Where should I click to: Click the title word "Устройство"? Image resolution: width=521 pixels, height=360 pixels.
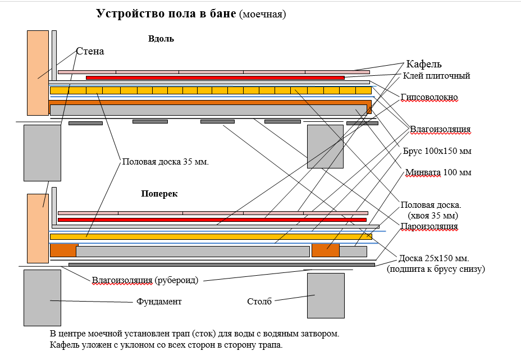[x=127, y=14]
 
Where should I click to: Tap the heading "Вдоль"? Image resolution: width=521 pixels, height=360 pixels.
[x=161, y=39]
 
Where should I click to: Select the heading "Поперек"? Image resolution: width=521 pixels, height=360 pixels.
[x=159, y=193]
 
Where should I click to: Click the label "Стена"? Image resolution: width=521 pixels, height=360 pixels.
[x=90, y=51]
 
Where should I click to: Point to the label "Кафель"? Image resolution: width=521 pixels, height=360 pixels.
[x=428, y=63]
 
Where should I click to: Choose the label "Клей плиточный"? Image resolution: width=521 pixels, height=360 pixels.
[x=436, y=75]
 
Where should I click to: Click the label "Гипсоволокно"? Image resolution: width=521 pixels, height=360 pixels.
[x=429, y=98]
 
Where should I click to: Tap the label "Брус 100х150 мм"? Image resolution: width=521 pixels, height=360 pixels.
[x=437, y=152]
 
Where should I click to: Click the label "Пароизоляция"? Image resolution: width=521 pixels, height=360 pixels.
[x=429, y=226]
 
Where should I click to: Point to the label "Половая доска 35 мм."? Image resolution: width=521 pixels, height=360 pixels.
[x=166, y=162]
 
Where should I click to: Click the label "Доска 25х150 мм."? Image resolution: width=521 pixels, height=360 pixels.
[x=433, y=258]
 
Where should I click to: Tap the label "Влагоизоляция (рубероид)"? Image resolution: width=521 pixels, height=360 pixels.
[x=145, y=280]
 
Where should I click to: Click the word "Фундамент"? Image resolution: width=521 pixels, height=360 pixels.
[x=159, y=302]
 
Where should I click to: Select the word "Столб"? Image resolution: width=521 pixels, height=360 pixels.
[x=259, y=302]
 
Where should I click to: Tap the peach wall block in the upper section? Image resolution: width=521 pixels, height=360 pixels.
[x=38, y=72]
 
